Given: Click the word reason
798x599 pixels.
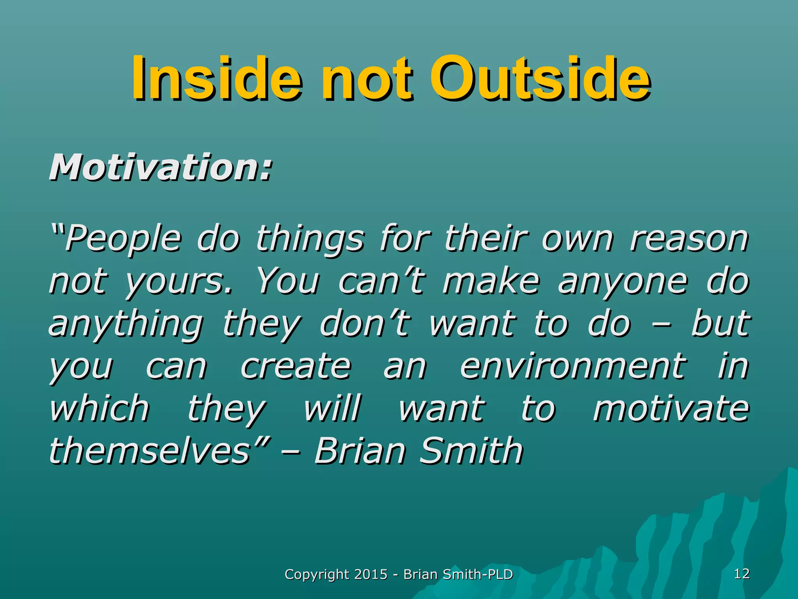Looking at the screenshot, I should (x=689, y=239).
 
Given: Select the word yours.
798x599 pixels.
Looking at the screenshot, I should (x=179, y=282).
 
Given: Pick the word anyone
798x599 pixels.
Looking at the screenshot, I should (x=622, y=282).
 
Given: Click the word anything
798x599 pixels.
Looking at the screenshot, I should (x=125, y=324).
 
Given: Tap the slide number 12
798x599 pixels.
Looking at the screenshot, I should (x=742, y=574).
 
